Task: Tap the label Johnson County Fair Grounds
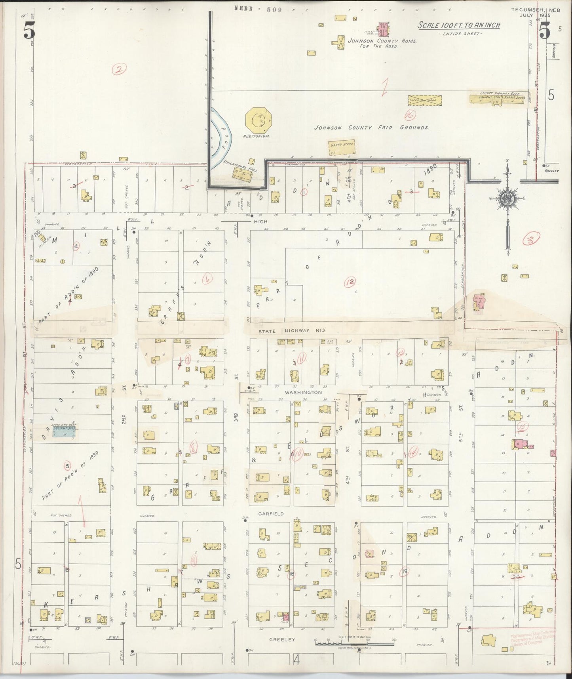click(x=371, y=128)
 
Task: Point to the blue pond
click(x=219, y=137)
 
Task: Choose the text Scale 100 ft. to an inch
click(x=459, y=25)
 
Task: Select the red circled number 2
click(x=119, y=70)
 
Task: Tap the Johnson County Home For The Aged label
click(x=382, y=43)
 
